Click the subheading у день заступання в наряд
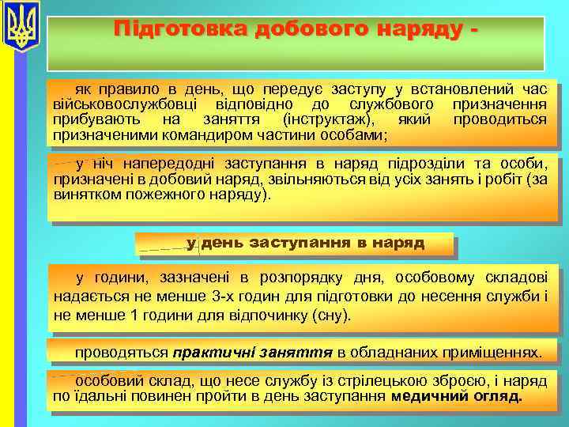305,243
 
